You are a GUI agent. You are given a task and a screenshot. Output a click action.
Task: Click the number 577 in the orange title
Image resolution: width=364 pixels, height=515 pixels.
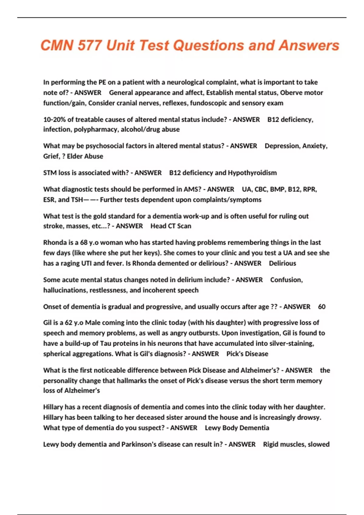pos(89,45)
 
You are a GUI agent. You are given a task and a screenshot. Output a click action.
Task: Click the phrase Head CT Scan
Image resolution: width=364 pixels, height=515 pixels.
pos(171,226)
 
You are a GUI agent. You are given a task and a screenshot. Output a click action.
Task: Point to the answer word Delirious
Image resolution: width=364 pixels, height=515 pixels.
pos(282,263)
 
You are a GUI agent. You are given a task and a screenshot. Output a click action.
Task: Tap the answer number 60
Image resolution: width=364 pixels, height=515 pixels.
pos(322,307)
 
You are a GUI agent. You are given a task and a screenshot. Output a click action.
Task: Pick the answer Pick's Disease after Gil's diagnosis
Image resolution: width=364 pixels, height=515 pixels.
pos(247,354)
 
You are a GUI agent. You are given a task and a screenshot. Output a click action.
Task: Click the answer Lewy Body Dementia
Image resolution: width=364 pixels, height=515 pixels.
pos(237,428)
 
